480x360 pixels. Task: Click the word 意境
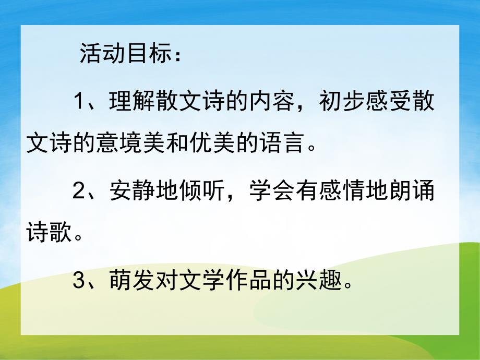pyautogui.click(x=118, y=143)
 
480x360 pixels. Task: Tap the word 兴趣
pyautogui.click(x=319, y=281)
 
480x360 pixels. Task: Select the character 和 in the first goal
pyautogui.click(x=166, y=143)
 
